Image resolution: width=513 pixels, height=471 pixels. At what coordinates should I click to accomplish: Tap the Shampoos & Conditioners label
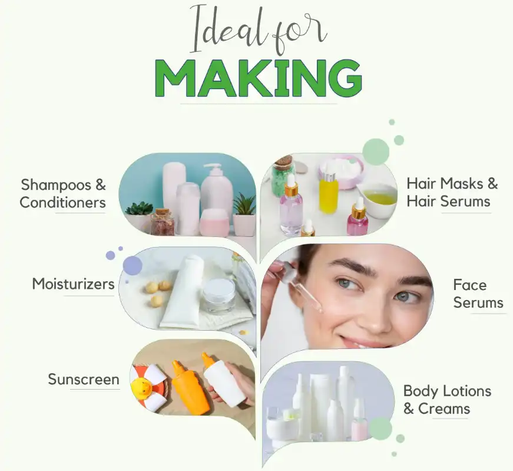coord(63,193)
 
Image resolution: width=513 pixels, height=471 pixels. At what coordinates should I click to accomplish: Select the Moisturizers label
coord(74,284)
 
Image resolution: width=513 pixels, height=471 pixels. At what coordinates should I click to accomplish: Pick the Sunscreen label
coord(83,378)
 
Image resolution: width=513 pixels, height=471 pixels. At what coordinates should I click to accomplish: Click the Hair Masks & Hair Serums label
coord(452,192)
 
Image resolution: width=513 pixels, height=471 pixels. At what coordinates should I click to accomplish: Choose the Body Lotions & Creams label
coord(447,399)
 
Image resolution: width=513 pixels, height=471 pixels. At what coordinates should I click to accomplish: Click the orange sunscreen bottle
coord(190,389)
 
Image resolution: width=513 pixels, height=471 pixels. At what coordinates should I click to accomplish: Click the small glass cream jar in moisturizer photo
coord(219,294)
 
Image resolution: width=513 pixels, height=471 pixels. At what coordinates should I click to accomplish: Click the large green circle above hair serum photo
coord(376,151)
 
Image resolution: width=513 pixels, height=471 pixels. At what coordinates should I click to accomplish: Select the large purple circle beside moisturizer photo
coord(133,265)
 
